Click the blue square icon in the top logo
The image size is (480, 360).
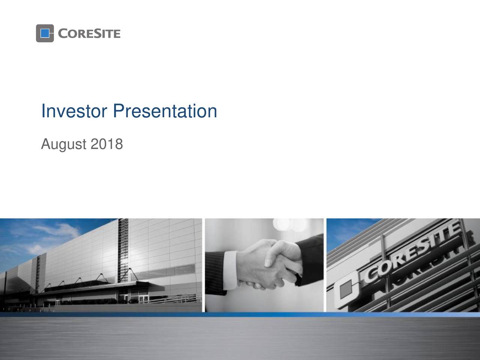tap(45, 33)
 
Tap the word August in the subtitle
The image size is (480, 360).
tap(63, 144)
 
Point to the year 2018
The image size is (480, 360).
tap(106, 143)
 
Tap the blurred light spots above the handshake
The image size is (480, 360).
tap(289, 225)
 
